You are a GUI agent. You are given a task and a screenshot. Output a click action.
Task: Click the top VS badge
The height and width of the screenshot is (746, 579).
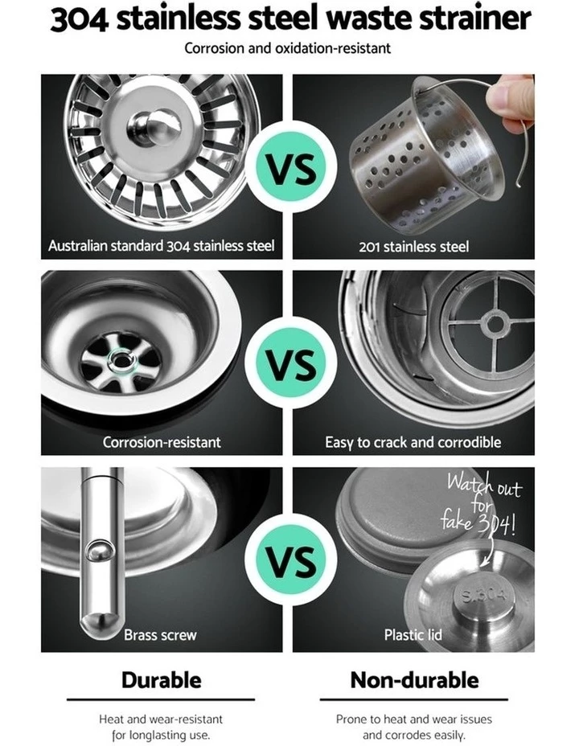[290, 167]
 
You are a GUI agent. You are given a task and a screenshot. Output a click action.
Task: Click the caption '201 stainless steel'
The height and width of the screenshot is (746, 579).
[413, 247]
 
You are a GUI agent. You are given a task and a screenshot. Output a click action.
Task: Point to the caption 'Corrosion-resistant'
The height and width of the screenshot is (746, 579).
[162, 442]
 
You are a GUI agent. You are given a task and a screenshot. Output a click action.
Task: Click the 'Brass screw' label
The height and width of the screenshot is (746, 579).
[160, 635]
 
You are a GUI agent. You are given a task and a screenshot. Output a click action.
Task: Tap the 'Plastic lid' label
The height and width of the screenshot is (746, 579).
[413, 635]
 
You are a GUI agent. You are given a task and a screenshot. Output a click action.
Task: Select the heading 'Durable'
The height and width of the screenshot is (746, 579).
[162, 680]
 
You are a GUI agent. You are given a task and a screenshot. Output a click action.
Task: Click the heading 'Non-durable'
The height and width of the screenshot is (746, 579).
[414, 680]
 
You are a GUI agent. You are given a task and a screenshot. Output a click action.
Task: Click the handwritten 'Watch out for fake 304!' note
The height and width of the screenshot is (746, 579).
[482, 504]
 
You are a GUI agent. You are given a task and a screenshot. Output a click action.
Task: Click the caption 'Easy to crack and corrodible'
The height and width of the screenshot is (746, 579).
[413, 442]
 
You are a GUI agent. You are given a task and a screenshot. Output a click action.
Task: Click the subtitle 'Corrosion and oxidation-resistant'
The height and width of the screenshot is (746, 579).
[287, 48]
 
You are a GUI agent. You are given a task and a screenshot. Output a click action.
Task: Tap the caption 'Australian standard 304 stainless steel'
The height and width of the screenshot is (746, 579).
[162, 245]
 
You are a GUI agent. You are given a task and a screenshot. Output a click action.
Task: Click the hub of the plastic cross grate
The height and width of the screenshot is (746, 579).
[495, 324]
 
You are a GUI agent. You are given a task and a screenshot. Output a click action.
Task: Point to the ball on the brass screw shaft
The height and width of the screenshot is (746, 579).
[100, 551]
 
